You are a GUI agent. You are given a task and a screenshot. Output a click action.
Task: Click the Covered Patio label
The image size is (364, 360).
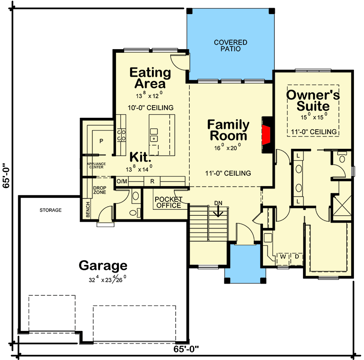coord(231,46)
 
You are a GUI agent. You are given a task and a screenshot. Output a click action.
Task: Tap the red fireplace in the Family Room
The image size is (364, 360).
coord(267,135)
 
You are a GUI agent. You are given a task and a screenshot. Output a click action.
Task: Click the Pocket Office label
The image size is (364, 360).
coord(168,203)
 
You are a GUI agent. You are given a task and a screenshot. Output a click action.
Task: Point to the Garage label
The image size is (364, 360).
coord(103,265)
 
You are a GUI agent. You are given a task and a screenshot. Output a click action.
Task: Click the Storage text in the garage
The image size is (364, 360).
coord(50,210)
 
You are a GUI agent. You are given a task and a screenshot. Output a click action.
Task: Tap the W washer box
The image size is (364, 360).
coord(283,257)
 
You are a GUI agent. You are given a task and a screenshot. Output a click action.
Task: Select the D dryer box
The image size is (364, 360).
coord(296,257)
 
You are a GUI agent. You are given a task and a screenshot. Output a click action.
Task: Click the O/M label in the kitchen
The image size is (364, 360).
coord(122,181)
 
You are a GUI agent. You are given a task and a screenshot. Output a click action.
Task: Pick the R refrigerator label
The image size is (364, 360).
coord(153,181)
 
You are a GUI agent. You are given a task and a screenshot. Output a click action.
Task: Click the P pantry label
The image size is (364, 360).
coord(101,141)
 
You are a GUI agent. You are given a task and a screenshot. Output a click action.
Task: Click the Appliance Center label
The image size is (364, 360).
coord(96,165)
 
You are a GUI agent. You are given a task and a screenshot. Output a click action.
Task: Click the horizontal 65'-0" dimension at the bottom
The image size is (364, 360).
coord(187,350)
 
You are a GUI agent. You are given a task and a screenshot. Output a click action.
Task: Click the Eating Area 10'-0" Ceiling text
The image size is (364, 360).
coord(150,108)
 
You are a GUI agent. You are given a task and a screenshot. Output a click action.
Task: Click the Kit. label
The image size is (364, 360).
coord(140,157)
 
